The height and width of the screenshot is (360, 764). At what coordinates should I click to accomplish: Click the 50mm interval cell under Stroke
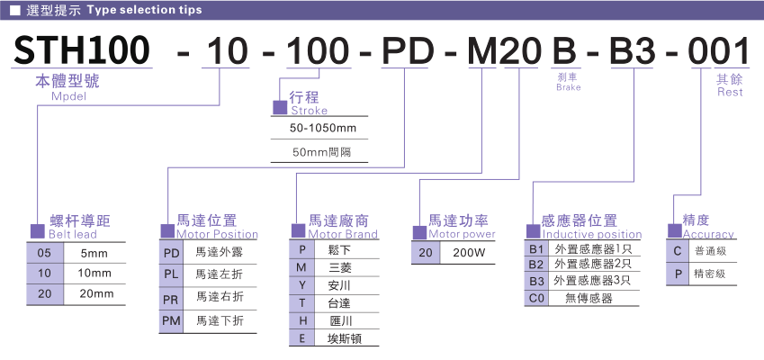pyautogui.click(x=323, y=151)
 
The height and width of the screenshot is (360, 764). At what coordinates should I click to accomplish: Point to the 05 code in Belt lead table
pyautogui.click(x=44, y=252)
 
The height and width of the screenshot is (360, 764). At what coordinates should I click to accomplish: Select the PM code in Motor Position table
pyautogui.click(x=170, y=319)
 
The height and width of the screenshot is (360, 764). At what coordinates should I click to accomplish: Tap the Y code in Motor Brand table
pyautogui.click(x=302, y=285)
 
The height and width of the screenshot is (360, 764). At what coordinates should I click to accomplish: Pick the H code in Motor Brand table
pyautogui.click(x=302, y=320)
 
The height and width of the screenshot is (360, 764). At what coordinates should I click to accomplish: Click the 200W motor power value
pyautogui.click(x=468, y=253)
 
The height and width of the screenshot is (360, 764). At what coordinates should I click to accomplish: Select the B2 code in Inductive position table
pyautogui.click(x=536, y=264)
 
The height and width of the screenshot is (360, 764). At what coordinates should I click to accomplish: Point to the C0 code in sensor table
pyautogui.click(x=536, y=297)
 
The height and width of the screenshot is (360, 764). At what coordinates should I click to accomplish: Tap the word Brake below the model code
pyautogui.click(x=569, y=88)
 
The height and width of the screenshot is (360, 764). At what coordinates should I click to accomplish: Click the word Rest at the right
pyautogui.click(x=730, y=92)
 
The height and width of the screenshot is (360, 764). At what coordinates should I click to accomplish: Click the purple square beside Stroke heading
pyautogui.click(x=280, y=108)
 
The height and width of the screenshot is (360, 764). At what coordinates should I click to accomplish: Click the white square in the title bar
pyautogui.click(x=15, y=10)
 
